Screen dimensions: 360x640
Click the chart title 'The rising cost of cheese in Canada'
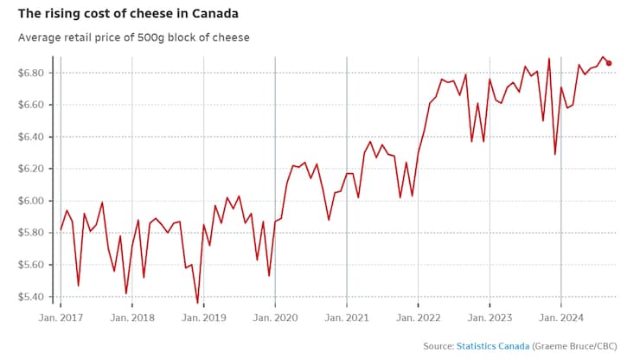[125, 15]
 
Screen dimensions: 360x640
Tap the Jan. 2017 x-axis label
[61, 318]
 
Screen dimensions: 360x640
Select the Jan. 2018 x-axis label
[132, 318]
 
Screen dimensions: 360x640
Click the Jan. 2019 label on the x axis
[204, 318]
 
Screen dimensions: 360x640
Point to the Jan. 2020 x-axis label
[275, 318]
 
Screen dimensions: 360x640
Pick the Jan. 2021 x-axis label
[347, 318]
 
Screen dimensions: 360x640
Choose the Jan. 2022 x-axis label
[418, 318]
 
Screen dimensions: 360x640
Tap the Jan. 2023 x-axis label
[490, 318]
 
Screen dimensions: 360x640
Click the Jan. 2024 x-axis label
[561, 318]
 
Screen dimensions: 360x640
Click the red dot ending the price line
[609, 63]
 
